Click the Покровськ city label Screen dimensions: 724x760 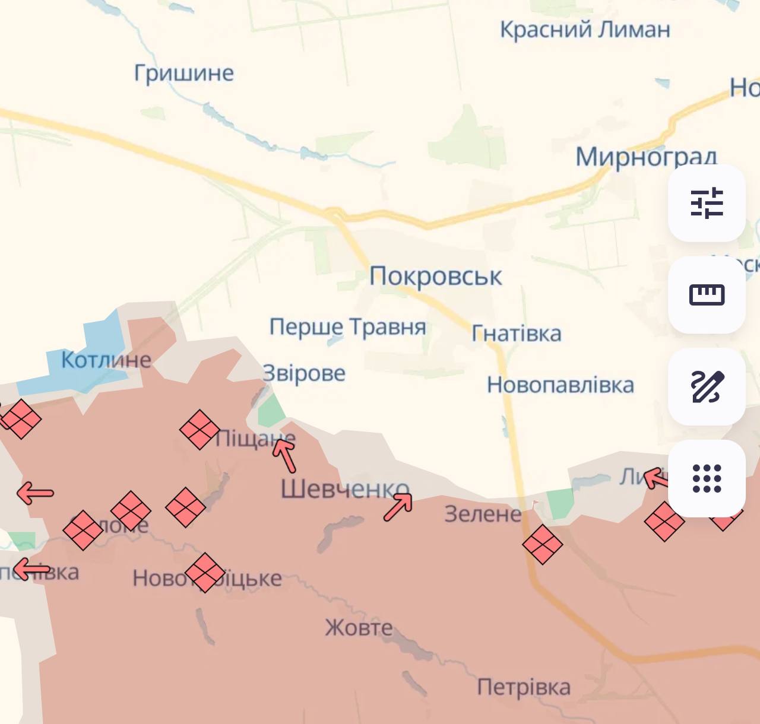(x=435, y=277)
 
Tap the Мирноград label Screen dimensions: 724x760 (x=646, y=157)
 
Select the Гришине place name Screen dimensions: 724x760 (x=184, y=73)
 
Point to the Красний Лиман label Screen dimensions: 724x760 (x=585, y=29)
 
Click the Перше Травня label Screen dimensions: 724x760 (x=347, y=327)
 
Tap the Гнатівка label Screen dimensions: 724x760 (x=517, y=334)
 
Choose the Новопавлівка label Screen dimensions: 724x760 (x=560, y=385)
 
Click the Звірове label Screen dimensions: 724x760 (x=304, y=373)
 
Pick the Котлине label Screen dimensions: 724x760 (x=106, y=360)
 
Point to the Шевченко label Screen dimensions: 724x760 (x=344, y=489)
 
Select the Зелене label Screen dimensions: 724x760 (x=483, y=514)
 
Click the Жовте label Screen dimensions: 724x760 (x=359, y=627)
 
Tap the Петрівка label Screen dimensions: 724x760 (x=524, y=687)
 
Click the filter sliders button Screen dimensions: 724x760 (x=707, y=203)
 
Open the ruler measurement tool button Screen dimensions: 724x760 (x=707, y=294)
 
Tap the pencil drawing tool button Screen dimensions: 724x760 (x=707, y=386)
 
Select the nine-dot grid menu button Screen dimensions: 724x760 (x=707, y=478)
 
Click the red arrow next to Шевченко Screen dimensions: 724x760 (x=398, y=507)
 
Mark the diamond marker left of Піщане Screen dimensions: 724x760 (x=199, y=429)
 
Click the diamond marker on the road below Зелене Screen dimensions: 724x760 (x=542, y=544)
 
